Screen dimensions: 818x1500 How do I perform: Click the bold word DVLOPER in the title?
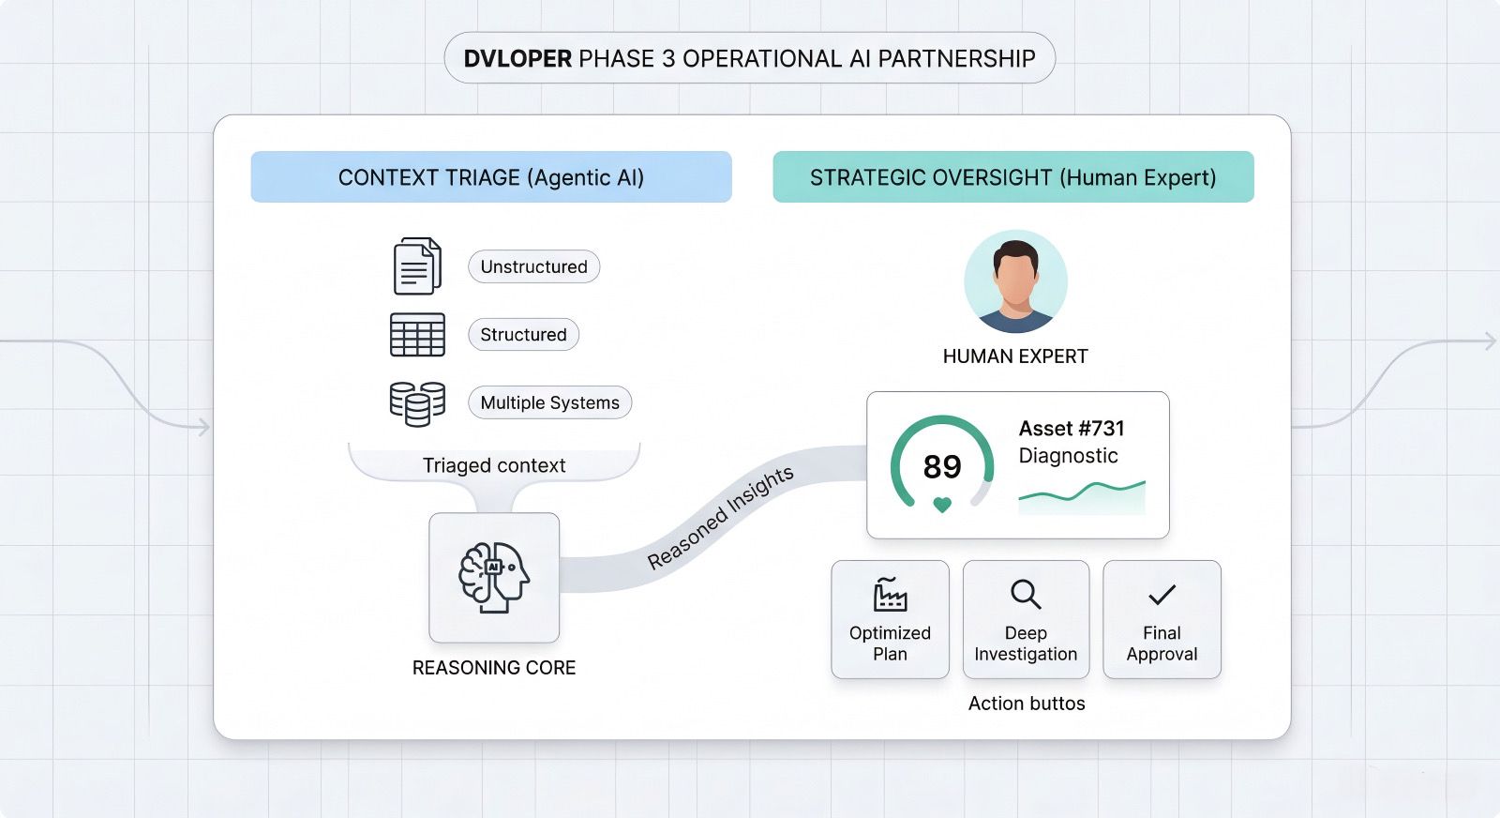click(517, 59)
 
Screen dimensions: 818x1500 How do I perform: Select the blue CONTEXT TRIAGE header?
click(490, 177)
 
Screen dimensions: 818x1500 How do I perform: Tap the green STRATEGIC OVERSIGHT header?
click(1012, 177)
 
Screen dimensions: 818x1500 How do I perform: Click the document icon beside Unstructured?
click(417, 266)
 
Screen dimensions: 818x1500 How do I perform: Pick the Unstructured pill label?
click(533, 266)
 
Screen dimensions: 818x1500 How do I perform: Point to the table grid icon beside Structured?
click(417, 335)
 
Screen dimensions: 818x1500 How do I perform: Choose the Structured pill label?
click(523, 335)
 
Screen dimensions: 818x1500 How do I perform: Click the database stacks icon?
click(417, 403)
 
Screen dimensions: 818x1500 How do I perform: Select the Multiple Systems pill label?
click(549, 403)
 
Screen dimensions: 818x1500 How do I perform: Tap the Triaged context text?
click(494, 465)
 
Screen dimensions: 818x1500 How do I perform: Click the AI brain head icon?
click(494, 577)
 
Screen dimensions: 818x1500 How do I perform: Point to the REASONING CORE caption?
click(494, 668)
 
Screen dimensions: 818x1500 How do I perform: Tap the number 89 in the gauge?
click(942, 466)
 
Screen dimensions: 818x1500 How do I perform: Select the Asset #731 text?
click(1072, 429)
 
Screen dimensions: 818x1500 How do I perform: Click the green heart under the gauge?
click(942, 506)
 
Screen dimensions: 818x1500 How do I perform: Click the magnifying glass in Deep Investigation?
click(1026, 594)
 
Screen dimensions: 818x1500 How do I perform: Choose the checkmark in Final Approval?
click(1162, 595)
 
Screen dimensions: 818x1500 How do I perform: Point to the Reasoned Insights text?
click(720, 517)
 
